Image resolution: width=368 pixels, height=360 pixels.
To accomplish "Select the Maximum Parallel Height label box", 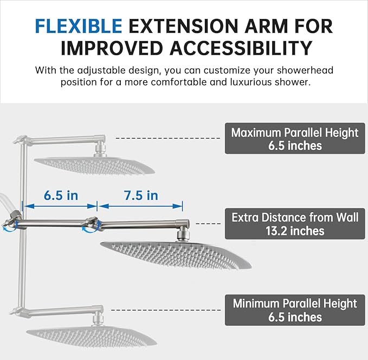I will coord(295,139).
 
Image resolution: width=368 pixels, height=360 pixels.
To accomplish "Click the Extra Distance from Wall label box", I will coord(295,224).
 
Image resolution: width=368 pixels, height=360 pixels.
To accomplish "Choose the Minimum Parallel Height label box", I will coord(295,310).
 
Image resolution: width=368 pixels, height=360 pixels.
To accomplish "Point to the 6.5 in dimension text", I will coord(61,195).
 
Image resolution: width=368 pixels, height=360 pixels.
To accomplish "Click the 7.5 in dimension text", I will coord(140,195).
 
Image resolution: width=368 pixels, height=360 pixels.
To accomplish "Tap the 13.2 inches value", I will coord(295,231).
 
